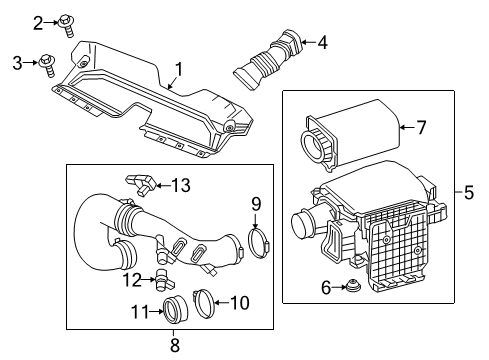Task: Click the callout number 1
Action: (x=180, y=70)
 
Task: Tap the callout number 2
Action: (x=38, y=21)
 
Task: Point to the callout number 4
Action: (x=321, y=42)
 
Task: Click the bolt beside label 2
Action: (x=67, y=21)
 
